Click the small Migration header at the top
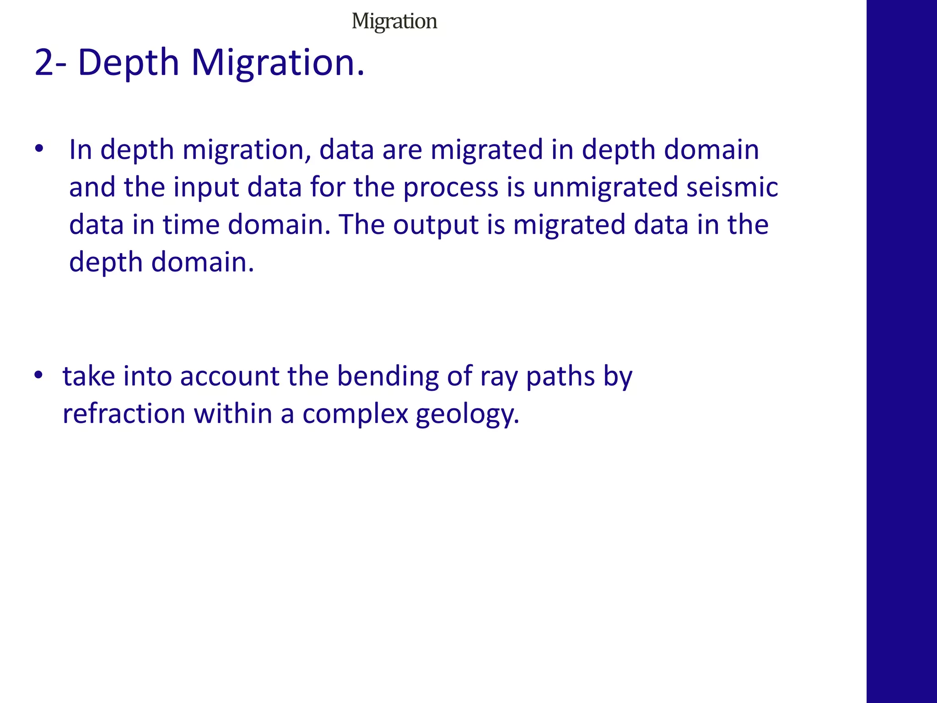[x=394, y=22]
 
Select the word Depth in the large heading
[x=129, y=63]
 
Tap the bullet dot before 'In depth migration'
[x=39, y=149]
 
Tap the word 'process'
[x=451, y=187]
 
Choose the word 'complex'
[x=355, y=414]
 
